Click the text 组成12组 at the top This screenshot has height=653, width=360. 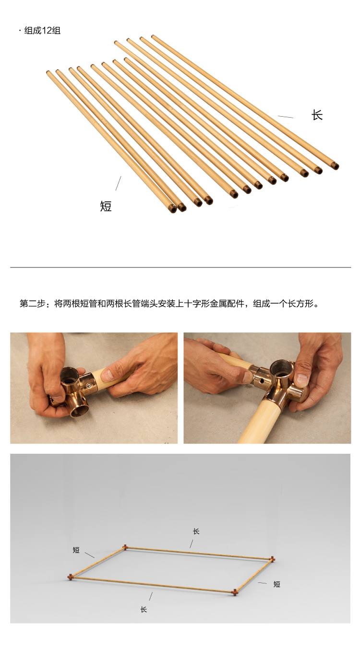(x=42, y=31)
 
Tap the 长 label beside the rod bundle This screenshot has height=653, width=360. (x=317, y=115)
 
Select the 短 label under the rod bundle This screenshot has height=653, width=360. (x=106, y=206)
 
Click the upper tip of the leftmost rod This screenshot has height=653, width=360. (x=49, y=73)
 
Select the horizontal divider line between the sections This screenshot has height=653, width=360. (x=180, y=267)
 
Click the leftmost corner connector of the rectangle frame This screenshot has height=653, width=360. (x=70, y=577)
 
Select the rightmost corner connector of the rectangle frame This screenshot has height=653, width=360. (x=272, y=558)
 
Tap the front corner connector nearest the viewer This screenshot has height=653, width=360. (x=235, y=592)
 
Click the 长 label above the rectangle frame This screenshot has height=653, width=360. (x=196, y=532)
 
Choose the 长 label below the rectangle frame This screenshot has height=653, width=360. (x=144, y=609)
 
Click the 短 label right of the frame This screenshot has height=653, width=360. (x=277, y=584)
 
